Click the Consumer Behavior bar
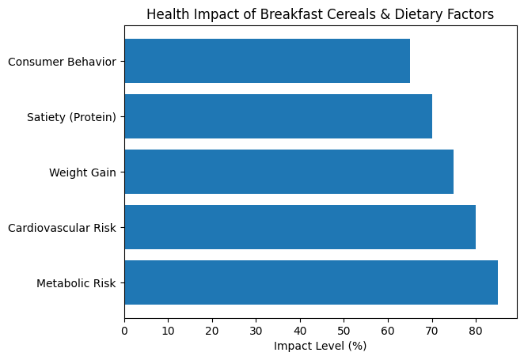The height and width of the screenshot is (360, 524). pyautogui.click(x=268, y=61)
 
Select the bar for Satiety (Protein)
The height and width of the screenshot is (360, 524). pyautogui.click(x=279, y=116)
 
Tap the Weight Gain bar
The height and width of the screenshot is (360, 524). pyautogui.click(x=289, y=172)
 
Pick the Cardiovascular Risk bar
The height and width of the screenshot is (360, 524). pyautogui.click(x=300, y=227)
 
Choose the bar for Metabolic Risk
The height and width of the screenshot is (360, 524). pyautogui.click(x=311, y=282)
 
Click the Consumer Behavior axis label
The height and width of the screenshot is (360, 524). pyautogui.click(x=63, y=62)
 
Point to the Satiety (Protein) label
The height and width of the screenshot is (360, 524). pyautogui.click(x=71, y=117)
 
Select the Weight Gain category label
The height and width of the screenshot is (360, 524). pyautogui.click(x=82, y=172)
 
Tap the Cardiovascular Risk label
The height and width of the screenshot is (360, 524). pyautogui.click(x=63, y=228)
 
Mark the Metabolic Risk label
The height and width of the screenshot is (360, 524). pyautogui.click(x=76, y=283)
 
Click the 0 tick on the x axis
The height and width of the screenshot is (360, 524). pyautogui.click(x=124, y=331)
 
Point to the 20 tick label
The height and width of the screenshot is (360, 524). pyautogui.click(x=212, y=331)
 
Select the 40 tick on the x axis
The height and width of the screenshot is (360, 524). pyautogui.click(x=300, y=331)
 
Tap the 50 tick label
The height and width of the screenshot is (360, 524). pyautogui.click(x=344, y=331)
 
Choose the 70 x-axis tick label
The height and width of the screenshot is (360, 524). pyautogui.click(x=431, y=331)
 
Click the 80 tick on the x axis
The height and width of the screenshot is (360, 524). pyautogui.click(x=476, y=331)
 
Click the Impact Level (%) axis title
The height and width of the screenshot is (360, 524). pyautogui.click(x=320, y=346)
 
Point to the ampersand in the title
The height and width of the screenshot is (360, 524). pyautogui.click(x=385, y=14)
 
